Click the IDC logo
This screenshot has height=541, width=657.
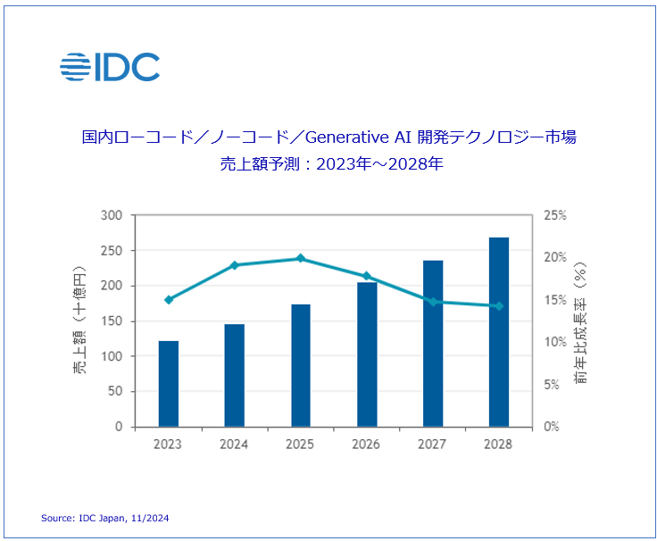[110, 67]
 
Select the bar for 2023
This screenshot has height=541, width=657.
[169, 384]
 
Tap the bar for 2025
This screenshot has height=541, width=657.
[301, 365]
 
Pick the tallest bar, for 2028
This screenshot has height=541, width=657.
[499, 332]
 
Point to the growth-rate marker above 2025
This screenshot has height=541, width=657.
[301, 259]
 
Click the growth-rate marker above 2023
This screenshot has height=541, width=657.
[169, 300]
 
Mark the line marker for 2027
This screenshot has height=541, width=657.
[433, 302]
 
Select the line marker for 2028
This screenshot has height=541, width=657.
[499, 306]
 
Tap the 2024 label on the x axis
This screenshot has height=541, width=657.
[235, 444]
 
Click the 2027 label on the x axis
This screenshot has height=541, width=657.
[433, 444]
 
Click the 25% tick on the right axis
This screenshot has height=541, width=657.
[555, 216]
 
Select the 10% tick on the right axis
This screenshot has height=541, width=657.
[555, 343]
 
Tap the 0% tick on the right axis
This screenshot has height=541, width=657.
[553, 427]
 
